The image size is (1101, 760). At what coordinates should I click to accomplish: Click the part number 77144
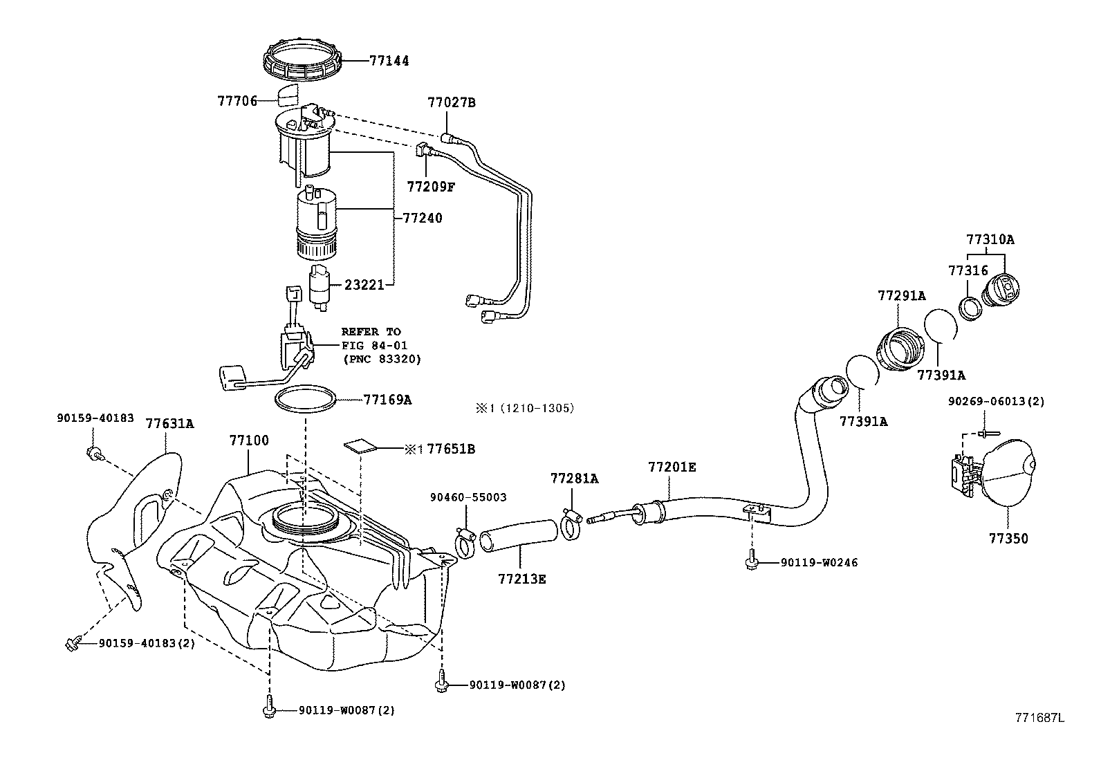[x=389, y=60]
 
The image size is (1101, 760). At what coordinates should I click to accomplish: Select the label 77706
[x=237, y=101]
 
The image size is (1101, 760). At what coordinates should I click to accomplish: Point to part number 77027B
[x=451, y=102]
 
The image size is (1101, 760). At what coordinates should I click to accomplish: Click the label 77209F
[x=431, y=187]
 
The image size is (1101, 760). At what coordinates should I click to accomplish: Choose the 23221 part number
[x=364, y=285]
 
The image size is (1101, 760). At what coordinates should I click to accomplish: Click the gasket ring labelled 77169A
[x=306, y=399]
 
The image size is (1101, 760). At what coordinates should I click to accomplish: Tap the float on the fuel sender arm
[x=231, y=378]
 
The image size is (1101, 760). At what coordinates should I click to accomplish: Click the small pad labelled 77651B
[x=360, y=446]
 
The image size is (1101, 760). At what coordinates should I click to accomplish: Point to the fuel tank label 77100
[x=249, y=441]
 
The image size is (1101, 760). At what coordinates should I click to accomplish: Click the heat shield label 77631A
[x=169, y=423]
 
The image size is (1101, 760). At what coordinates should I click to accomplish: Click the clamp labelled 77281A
[x=571, y=524]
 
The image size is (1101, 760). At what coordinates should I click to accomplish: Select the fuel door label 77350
[x=1008, y=538]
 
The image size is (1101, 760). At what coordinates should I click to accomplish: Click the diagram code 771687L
[x=1039, y=718]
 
